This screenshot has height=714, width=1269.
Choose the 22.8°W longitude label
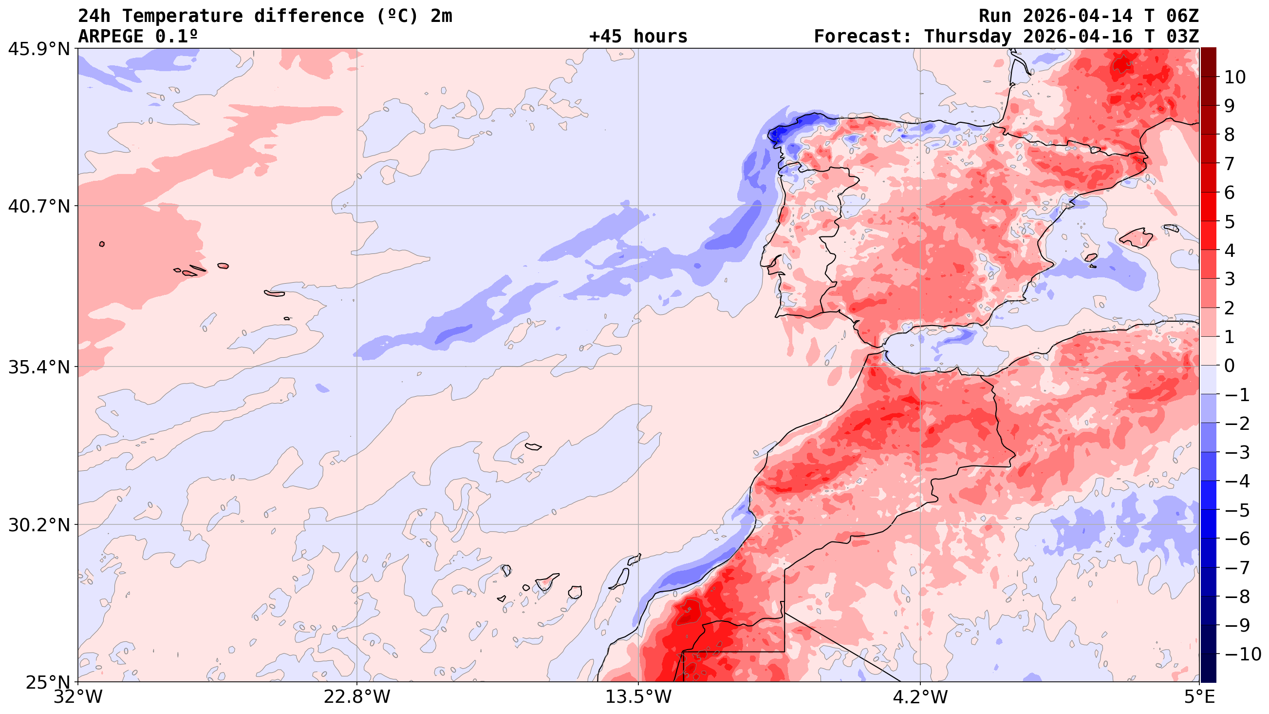(x=357, y=697)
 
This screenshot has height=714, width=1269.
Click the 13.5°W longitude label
(x=638, y=697)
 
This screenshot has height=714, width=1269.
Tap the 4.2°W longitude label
(x=920, y=697)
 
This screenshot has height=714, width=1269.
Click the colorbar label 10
(x=1235, y=77)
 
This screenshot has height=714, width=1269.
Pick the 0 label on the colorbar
(x=1229, y=366)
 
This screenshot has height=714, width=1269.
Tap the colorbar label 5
(x=1229, y=222)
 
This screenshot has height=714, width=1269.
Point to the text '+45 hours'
(x=638, y=37)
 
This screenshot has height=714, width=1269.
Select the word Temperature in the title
(x=182, y=16)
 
